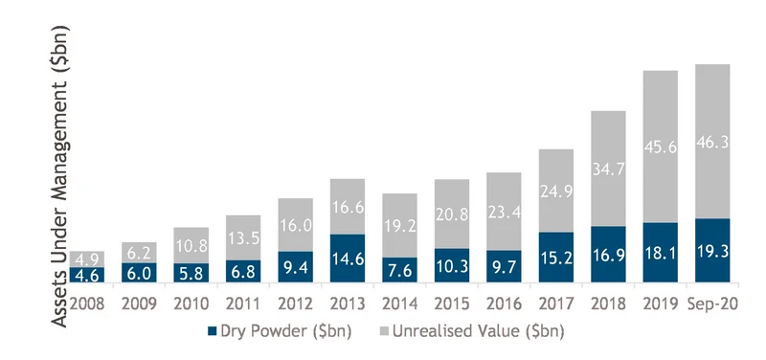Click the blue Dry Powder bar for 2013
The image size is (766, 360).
[348, 258]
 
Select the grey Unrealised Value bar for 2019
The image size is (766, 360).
[660, 146]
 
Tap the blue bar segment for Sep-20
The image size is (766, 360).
[712, 250]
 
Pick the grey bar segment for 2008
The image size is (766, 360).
[87, 259]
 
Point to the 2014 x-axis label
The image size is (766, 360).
[399, 304]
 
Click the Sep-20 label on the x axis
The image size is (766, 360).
[712, 304]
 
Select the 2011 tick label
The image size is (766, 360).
[243, 304]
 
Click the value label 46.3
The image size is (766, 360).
[712, 143]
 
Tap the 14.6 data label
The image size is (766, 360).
[348, 259]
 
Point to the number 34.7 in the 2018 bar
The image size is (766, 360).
[608, 169]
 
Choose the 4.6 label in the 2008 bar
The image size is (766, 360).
[87, 275]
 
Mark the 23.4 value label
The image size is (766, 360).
[504, 213]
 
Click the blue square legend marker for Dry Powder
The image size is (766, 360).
[212, 331]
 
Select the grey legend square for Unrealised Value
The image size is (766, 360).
[384, 331]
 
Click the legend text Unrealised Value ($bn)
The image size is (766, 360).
[478, 331]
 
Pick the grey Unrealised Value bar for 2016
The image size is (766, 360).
[504, 212]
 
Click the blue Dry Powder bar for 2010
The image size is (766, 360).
[191, 273]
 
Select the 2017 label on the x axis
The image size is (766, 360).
[556, 304]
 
